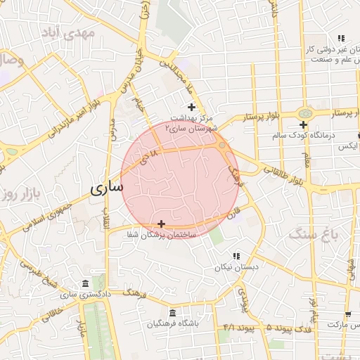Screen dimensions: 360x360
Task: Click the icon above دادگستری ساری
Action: click(x=85, y=283)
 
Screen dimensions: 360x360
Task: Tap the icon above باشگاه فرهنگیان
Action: click(x=172, y=313)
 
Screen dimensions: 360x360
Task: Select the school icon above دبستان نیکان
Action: click(x=236, y=256)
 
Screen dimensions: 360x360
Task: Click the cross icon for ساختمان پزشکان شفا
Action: click(x=162, y=224)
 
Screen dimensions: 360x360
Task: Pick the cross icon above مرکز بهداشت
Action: click(x=191, y=107)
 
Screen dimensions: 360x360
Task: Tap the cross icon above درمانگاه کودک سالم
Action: click(x=303, y=124)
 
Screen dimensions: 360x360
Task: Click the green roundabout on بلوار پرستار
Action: click(x=305, y=113)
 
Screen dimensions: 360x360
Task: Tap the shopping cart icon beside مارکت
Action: click(x=347, y=314)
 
